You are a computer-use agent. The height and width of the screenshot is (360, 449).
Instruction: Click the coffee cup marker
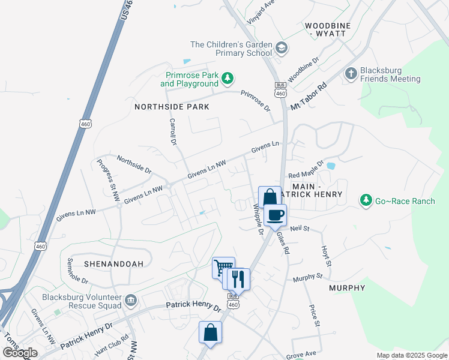pyautogui.click(x=276, y=215)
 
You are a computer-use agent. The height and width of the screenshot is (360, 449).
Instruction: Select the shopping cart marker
pyautogui.click(x=223, y=267)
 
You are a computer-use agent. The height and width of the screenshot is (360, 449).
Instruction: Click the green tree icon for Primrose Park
pyautogui.click(x=228, y=79)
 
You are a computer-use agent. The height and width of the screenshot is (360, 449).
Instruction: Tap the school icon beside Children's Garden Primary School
pyautogui.click(x=281, y=48)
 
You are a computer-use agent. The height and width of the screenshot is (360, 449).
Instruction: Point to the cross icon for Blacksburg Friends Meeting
pyautogui.click(x=351, y=74)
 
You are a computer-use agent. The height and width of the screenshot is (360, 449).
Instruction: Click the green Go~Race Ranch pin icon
pyautogui.click(x=365, y=200)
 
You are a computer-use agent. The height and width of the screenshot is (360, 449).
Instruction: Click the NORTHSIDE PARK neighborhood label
pyautogui.click(x=172, y=107)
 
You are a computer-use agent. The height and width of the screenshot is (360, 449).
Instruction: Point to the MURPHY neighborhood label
pyautogui.click(x=347, y=289)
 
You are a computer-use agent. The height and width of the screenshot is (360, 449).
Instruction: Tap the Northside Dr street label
pyautogui.click(x=134, y=163)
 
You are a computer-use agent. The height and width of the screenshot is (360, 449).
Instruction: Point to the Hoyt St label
pyautogui.click(x=326, y=256)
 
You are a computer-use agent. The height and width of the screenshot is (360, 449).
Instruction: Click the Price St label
pyautogui.click(x=313, y=316)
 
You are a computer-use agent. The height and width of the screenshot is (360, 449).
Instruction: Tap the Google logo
pyautogui.click(x=20, y=353)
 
